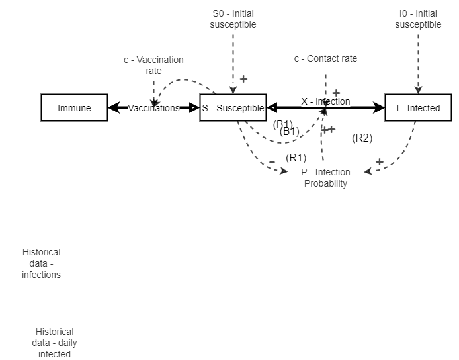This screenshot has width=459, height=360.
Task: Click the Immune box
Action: [74, 108]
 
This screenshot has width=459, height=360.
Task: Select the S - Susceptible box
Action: [233, 108]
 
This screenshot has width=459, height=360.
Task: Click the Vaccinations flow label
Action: [153, 108]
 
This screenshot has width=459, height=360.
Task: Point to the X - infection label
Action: [325, 101]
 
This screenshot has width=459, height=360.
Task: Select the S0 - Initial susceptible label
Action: [233, 19]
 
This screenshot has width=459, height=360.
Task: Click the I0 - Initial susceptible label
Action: [418, 19]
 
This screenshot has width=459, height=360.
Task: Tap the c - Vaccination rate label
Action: [153, 65]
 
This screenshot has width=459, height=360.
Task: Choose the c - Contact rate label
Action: [325, 58]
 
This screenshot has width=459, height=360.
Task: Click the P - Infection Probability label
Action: [325, 178]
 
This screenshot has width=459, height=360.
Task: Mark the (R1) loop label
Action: [296, 157]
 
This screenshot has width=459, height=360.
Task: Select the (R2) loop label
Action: [362, 138]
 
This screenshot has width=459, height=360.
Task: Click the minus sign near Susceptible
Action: [272, 162]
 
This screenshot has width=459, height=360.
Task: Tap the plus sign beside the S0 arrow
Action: [243, 79]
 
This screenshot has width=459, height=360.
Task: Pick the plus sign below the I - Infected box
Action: [380, 161]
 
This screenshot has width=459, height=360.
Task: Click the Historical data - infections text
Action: [41, 263]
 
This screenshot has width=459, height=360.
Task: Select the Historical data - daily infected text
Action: [54, 343]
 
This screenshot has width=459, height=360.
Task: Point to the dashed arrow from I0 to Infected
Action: [418, 63]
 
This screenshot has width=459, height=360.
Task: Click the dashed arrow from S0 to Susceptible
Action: [233, 63]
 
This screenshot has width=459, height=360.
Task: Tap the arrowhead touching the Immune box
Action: [114, 108]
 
